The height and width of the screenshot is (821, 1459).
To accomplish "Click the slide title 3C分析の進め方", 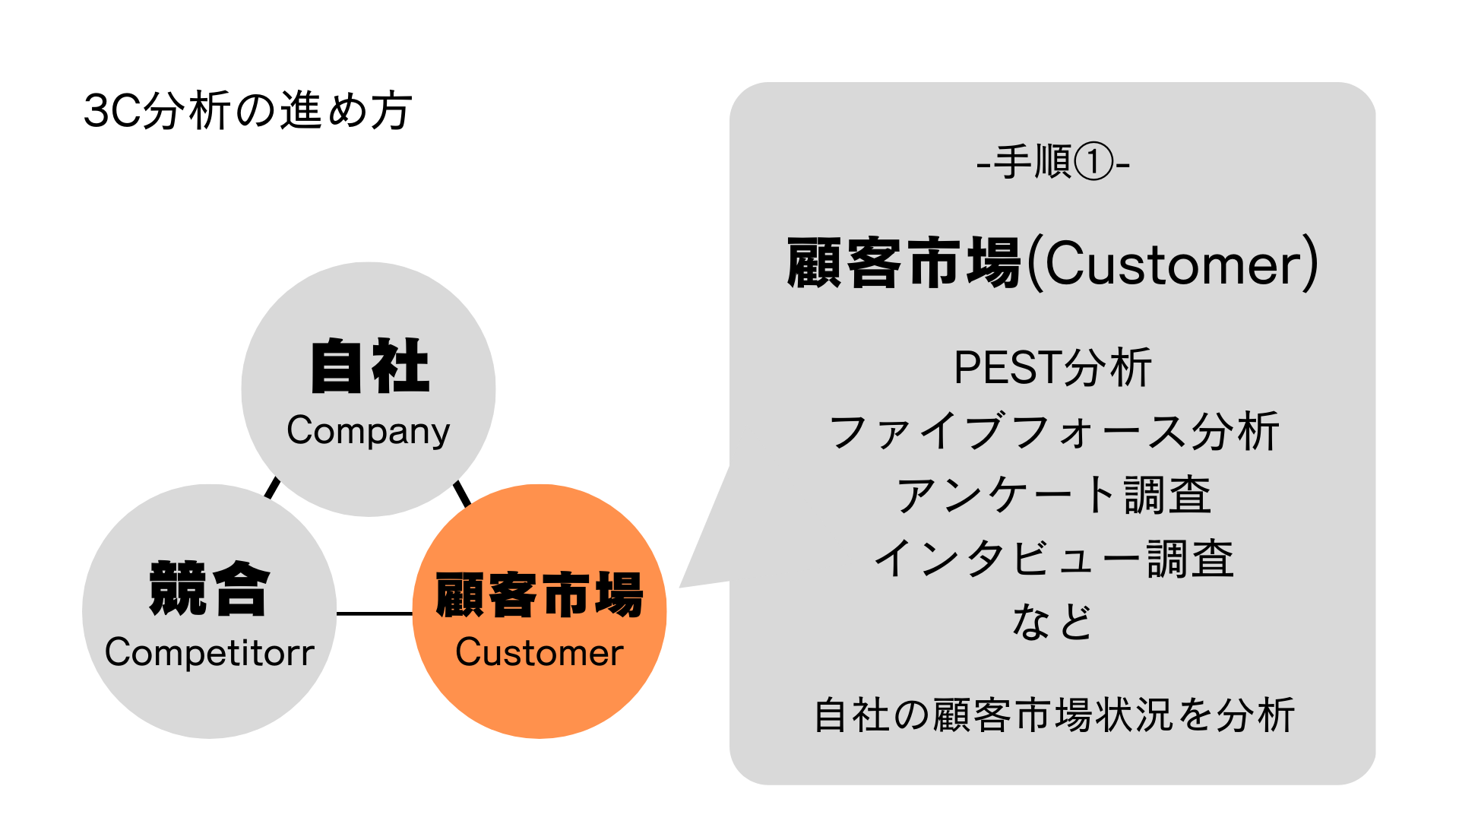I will point(248,111).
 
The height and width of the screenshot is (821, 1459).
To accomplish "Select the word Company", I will point(369,431).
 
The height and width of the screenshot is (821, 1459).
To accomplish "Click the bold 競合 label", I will point(210,588).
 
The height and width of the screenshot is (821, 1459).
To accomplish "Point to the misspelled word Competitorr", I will point(210,653).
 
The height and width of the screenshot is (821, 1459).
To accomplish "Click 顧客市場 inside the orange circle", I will point(540,594).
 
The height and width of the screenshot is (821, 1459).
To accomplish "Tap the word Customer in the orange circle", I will point(540,653).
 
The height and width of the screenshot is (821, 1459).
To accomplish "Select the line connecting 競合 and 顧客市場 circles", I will point(374,613).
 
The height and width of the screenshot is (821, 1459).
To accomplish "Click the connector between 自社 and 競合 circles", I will point(272,487).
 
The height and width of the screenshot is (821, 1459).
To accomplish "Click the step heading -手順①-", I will point(1053,163).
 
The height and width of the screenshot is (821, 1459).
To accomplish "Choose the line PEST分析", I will point(1053,368).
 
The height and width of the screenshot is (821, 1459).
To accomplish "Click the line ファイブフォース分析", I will point(1053,432).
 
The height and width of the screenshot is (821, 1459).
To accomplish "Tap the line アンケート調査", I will point(1053,495).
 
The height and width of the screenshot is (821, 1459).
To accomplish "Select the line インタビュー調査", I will point(1053,559).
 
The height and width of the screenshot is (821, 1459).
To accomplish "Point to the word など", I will point(1053,622).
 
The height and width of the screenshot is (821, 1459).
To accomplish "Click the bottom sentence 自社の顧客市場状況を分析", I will point(1053,715).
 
